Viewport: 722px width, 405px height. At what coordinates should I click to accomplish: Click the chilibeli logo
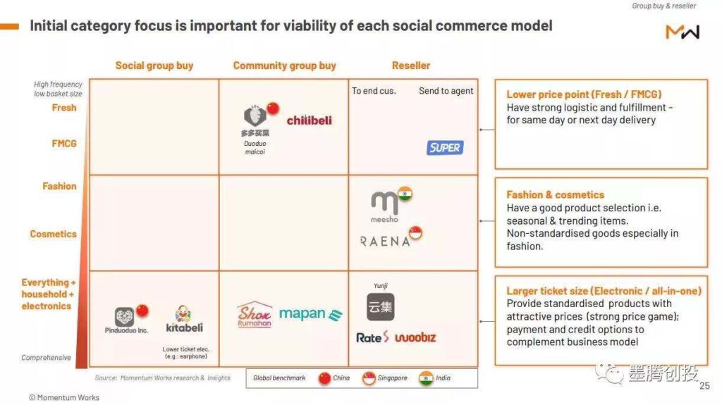point(309,120)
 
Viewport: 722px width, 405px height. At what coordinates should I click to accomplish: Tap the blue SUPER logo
point(445,148)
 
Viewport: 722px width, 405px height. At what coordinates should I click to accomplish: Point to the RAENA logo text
point(385,241)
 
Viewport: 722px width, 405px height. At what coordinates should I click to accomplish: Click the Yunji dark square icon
point(380,307)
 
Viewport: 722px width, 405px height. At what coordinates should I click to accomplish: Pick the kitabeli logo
point(184,319)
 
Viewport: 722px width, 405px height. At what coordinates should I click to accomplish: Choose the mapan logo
point(311,314)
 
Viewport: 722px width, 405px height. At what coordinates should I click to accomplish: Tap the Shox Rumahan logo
point(254,314)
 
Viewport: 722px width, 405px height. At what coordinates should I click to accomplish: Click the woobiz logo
point(415,337)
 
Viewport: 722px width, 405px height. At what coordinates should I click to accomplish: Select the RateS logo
point(372,337)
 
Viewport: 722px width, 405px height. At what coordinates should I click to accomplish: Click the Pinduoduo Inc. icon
point(124,317)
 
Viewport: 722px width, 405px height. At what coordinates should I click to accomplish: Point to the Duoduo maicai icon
point(255,116)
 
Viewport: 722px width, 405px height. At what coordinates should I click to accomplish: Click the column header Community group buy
point(285,66)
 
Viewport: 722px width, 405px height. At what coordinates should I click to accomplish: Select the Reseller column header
point(411,66)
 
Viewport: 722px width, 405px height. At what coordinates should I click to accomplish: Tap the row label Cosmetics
point(54,234)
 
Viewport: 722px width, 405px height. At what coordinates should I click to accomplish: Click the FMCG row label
point(64,144)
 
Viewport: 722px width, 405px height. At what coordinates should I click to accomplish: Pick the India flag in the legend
point(426,378)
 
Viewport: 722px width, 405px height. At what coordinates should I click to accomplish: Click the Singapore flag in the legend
point(369,378)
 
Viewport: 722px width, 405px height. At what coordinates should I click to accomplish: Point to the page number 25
point(704,386)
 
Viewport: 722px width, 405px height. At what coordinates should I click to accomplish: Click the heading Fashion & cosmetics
point(556,194)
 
